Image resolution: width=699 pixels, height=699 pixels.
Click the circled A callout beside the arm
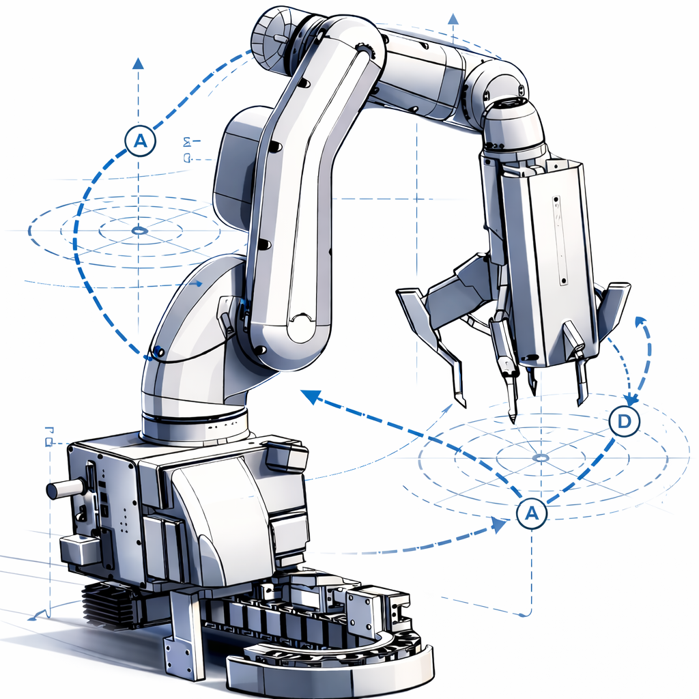pyautogui.click(x=141, y=141)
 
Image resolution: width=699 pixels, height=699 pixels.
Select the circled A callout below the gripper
pyautogui.click(x=531, y=513)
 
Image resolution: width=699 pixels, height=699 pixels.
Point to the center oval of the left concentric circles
pyautogui.click(x=139, y=231)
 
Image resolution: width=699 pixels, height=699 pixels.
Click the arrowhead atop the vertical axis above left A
pyautogui.click(x=139, y=63)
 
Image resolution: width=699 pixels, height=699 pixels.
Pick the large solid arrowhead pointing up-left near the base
pyautogui.click(x=311, y=397)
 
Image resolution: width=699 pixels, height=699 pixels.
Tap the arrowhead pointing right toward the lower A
pyautogui.click(x=499, y=525)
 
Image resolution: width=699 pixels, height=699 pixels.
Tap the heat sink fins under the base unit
pyautogui.click(x=102, y=601)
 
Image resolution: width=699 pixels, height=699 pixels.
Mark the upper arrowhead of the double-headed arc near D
pyautogui.click(x=640, y=321)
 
